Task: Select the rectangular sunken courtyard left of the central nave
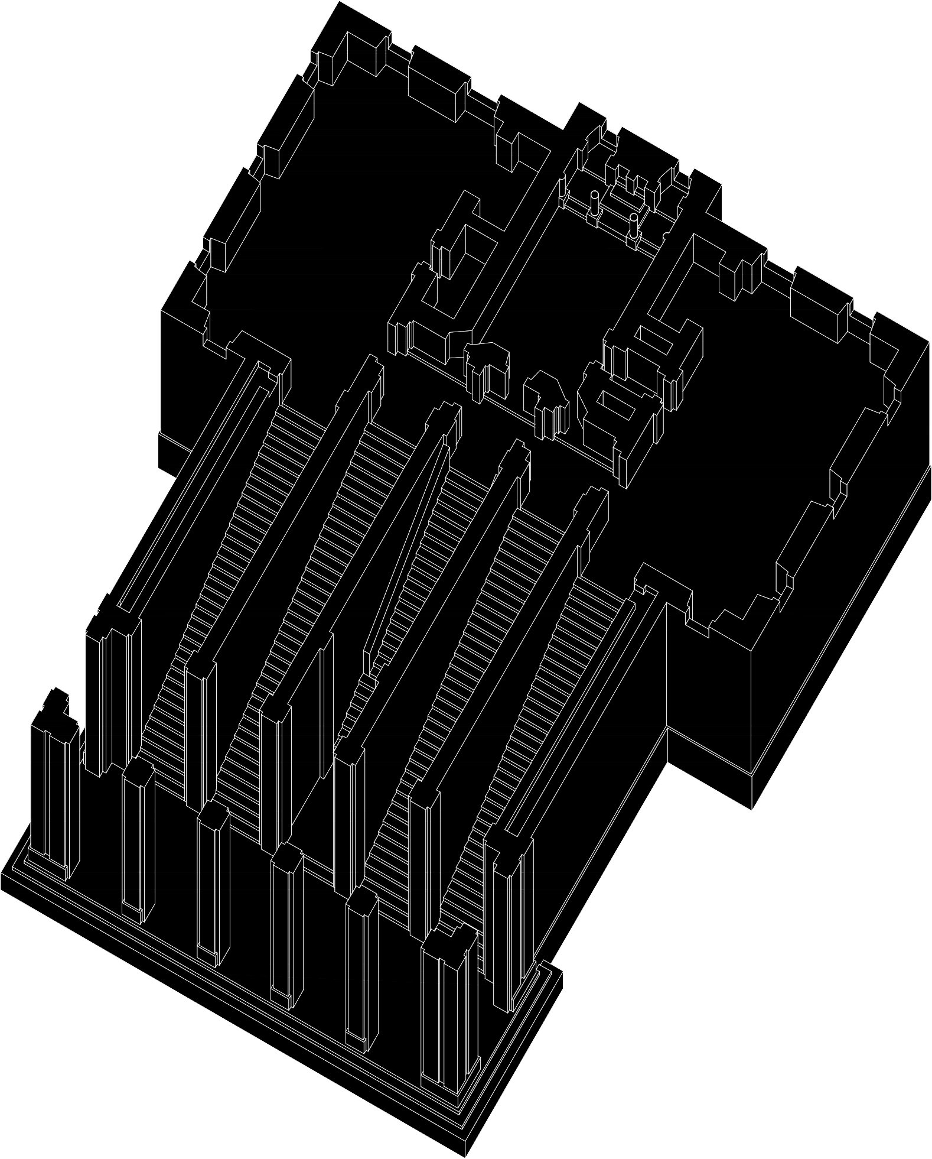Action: click(467, 260)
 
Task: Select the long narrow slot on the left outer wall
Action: click(195, 485)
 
